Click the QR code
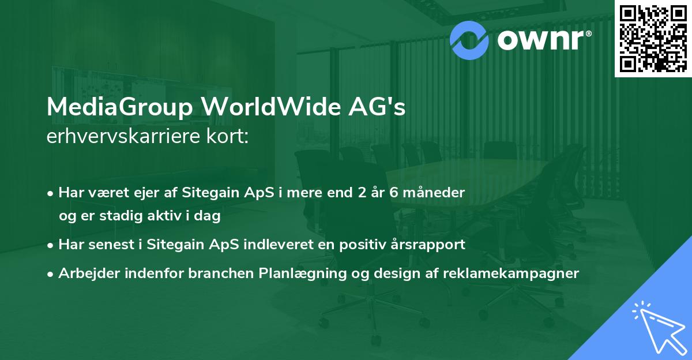(653, 39)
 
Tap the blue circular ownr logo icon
(469, 39)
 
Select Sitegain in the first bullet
(206, 193)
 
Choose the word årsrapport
(430, 245)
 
